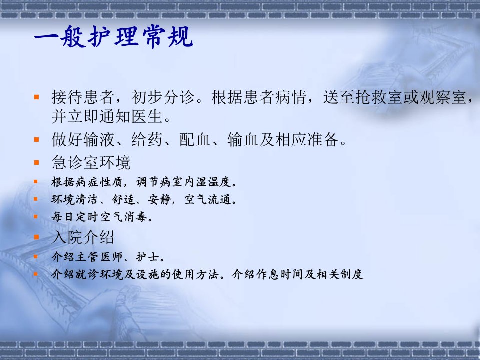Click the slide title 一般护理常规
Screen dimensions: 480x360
point(113,37)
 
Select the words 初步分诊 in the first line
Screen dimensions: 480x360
point(163,97)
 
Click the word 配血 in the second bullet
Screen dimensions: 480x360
point(195,139)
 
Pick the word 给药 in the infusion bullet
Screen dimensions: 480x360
point(147,139)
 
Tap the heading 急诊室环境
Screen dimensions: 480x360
point(91,162)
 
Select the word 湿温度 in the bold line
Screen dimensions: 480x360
point(214,182)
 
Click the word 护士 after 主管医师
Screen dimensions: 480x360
point(148,257)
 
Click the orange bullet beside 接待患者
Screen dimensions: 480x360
point(36,97)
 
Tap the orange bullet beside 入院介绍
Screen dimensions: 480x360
point(36,237)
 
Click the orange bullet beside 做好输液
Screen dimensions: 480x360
point(36,140)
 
